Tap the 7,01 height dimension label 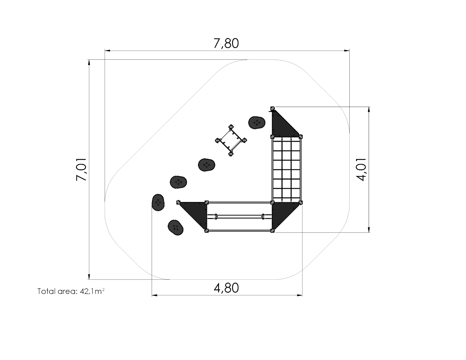(x=81, y=169)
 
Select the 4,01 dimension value (x=361, y=169)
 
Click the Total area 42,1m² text (x=71, y=291)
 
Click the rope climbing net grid (x=287, y=169)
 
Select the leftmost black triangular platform (x=195, y=214)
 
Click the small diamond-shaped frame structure (x=231, y=140)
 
